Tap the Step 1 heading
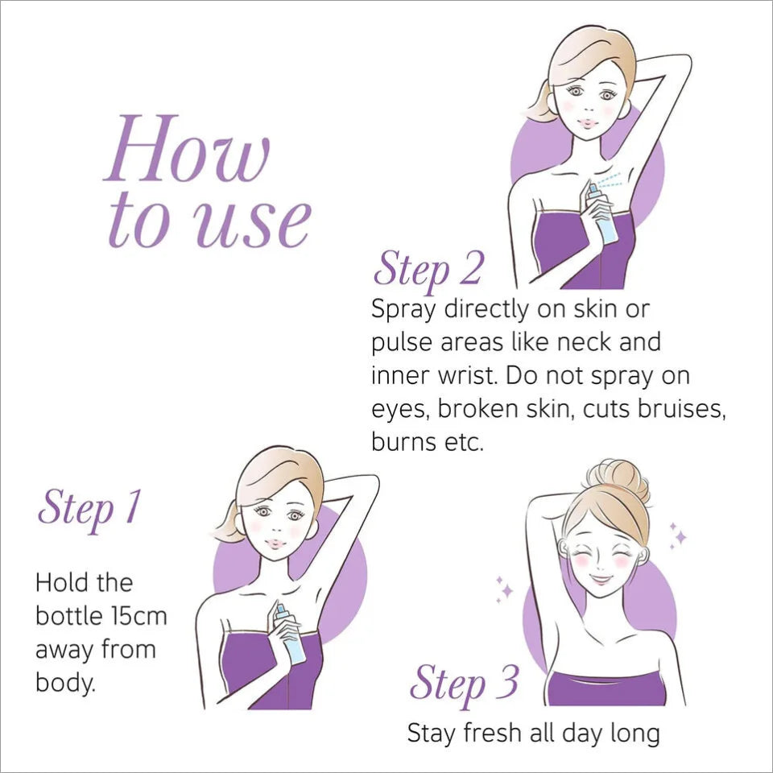click(89, 508)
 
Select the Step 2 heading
click(428, 269)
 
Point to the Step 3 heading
click(464, 684)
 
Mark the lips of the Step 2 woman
click(588, 122)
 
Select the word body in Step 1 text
click(64, 684)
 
